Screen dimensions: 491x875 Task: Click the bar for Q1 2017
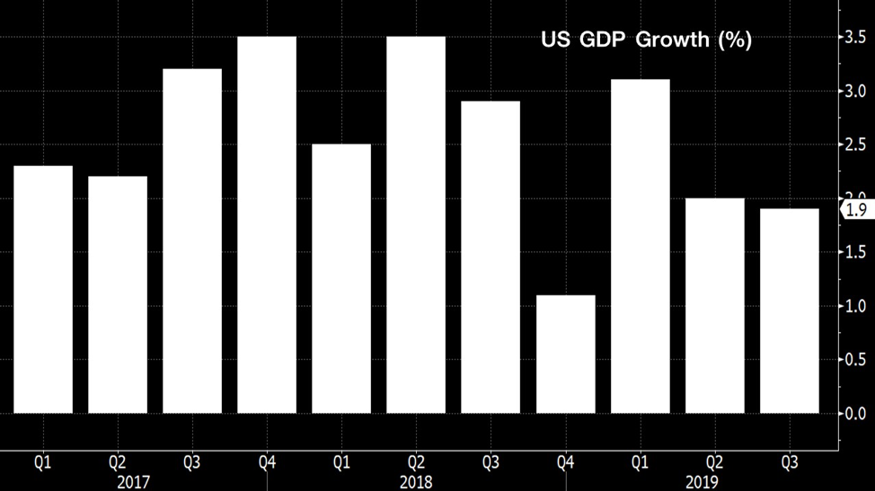pos(43,289)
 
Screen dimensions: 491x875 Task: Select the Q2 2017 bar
pos(118,294)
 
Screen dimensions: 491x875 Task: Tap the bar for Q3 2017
pos(192,241)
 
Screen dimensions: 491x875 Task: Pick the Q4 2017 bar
pos(267,224)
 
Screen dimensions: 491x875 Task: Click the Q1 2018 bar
pos(341,278)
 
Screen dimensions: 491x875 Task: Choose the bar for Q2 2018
pos(416,224)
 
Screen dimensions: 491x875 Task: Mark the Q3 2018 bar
pos(491,257)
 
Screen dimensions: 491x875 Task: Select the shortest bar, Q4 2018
pos(565,354)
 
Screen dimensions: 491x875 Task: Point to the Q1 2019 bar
pos(640,246)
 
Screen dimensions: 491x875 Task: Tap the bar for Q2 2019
pos(714,305)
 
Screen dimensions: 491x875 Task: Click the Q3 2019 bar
pos(789,311)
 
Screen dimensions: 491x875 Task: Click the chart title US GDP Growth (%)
pos(645,40)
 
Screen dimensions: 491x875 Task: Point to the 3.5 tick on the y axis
pos(855,38)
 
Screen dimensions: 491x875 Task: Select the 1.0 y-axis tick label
pos(855,306)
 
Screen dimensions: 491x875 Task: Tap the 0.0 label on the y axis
pos(855,414)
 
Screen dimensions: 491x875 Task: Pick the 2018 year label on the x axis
pos(416,481)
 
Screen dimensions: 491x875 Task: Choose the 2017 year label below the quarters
pos(133,481)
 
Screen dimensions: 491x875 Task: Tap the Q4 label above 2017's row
pos(267,463)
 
